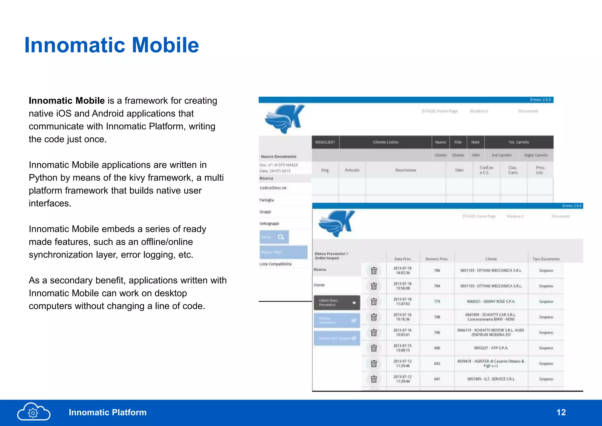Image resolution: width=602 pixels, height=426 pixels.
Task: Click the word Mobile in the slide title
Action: click(165, 45)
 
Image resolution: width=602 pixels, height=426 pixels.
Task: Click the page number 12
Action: click(561, 412)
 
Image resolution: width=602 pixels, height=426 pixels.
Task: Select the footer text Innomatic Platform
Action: click(108, 412)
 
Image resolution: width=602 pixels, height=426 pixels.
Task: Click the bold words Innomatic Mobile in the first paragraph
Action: click(67, 101)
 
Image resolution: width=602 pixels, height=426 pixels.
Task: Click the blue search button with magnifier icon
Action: click(274, 237)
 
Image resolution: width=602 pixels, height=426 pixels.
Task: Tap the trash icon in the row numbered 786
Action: click(374, 270)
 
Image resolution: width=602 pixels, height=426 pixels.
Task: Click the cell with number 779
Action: click(437, 301)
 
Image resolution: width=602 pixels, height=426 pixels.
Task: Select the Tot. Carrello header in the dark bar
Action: click(519, 142)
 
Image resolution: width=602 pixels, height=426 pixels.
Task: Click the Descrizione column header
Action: click(405, 170)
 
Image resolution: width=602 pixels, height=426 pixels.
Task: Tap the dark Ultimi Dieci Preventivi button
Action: click(337, 303)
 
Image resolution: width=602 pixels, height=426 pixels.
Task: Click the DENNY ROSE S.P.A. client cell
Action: click(491, 301)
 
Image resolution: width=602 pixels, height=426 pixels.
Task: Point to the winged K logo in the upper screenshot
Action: click(284, 119)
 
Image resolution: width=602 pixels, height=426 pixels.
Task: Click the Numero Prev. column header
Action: click(437, 259)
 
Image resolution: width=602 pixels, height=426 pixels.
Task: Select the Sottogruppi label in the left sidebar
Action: click(269, 223)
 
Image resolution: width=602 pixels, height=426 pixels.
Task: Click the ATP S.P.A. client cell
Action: click(491, 348)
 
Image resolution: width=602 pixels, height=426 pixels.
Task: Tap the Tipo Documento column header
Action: click(546, 259)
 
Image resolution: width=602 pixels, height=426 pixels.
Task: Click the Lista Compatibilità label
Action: click(275, 264)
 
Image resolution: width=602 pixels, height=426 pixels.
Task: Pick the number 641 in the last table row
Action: click(437, 379)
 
